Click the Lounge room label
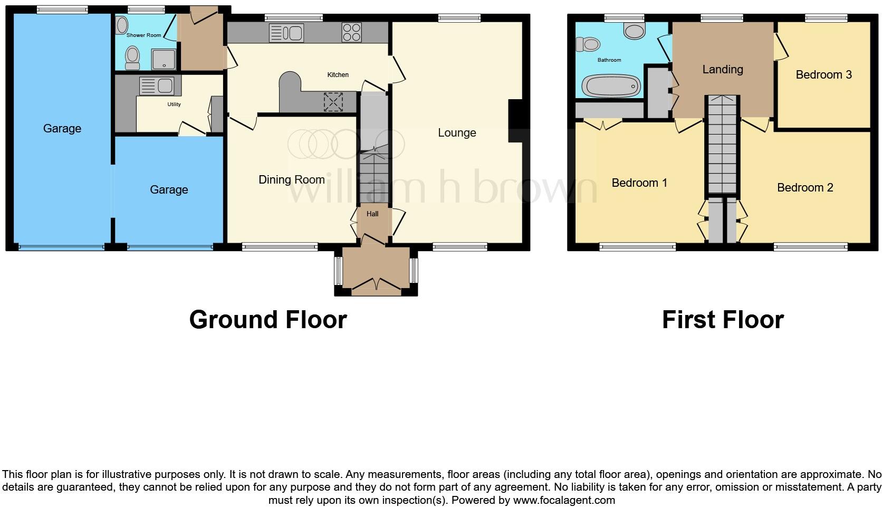[457, 133]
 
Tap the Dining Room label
[291, 180]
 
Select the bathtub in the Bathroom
[611, 86]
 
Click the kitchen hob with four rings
[351, 32]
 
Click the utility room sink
[157, 85]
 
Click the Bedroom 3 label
[823, 75]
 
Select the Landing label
[722, 70]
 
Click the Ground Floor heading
[268, 320]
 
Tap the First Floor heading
[723, 320]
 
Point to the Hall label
[372, 214]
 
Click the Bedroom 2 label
[805, 188]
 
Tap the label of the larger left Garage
[62, 129]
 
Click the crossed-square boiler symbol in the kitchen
[333, 102]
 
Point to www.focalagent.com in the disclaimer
[564, 500]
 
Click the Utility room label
[174, 104]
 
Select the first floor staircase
[722, 145]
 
